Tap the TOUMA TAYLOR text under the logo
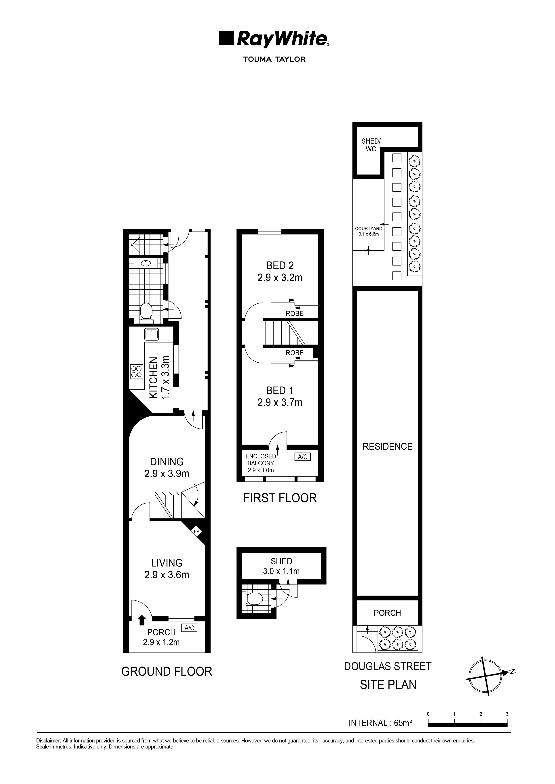[274, 59]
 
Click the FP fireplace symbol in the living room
[196, 532]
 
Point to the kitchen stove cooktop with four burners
[136, 372]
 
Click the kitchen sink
[151, 334]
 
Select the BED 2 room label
[280, 265]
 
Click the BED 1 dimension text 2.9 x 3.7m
[280, 403]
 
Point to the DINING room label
[167, 462]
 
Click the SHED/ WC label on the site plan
[371, 145]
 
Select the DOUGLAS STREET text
[388, 666]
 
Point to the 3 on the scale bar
[507, 714]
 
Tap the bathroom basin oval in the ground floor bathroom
[146, 263]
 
